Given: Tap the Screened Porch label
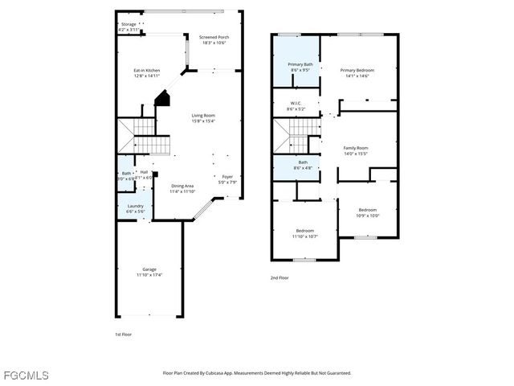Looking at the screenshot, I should pyautogui.click(x=214, y=37).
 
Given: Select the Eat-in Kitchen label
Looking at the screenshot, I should pyautogui.click(x=147, y=71).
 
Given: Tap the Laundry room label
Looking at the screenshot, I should pyautogui.click(x=136, y=206).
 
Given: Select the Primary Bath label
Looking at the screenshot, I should pyautogui.click(x=301, y=66).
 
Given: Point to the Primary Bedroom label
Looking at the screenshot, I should pyautogui.click(x=357, y=70).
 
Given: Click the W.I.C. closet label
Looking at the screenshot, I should pyautogui.click(x=296, y=104).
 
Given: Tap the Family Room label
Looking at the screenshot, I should pyautogui.click(x=356, y=149).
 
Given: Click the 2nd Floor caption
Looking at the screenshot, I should pyautogui.click(x=279, y=277).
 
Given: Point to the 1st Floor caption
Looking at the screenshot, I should pyautogui.click(x=124, y=334).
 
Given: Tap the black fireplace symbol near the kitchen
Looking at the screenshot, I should pyautogui.click(x=163, y=100).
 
